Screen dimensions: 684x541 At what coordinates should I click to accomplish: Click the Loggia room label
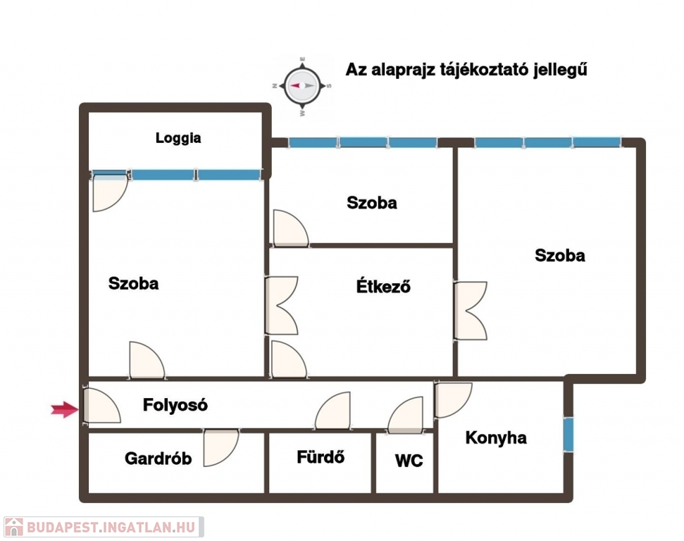(x=178, y=138)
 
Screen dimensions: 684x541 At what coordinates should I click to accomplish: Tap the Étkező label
(x=383, y=286)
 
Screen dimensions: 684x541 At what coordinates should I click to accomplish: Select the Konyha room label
(x=496, y=437)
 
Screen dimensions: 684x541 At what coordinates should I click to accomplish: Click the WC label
(x=409, y=461)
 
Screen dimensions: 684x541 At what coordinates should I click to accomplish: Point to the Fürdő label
(x=321, y=456)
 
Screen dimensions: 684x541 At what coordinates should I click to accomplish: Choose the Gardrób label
(x=158, y=459)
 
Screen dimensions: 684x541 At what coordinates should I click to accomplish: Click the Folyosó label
(x=175, y=405)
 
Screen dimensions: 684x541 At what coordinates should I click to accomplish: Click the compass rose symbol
(x=302, y=86)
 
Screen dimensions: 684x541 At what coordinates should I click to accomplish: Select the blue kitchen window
(x=568, y=435)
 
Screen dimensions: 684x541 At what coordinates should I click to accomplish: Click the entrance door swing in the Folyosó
(x=102, y=405)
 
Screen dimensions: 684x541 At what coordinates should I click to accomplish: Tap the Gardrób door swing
(x=221, y=447)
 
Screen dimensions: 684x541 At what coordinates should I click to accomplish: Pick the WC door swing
(x=405, y=415)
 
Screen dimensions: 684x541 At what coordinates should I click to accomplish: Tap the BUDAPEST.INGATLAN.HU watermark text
(x=111, y=528)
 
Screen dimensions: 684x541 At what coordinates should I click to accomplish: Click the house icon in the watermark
(x=14, y=527)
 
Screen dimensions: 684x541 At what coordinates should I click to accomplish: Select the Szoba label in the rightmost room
(x=560, y=255)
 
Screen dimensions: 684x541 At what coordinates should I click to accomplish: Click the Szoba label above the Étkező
(x=372, y=202)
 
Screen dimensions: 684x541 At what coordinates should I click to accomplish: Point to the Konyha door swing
(x=454, y=400)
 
